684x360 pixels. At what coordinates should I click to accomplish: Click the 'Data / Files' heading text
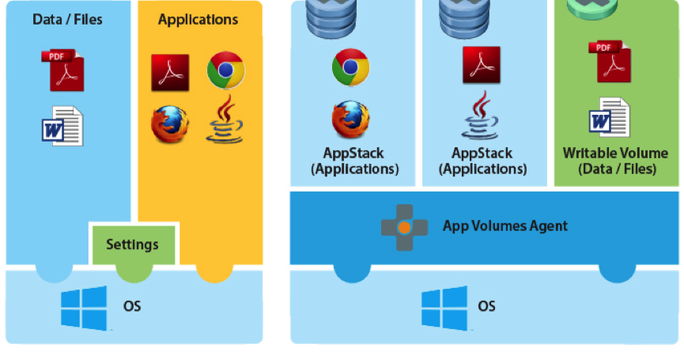pos(67,19)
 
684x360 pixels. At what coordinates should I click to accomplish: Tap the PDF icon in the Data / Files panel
pos(66,70)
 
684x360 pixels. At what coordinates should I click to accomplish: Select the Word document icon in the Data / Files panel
pos(63,126)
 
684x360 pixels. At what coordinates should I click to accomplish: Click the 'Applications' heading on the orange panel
pos(198,19)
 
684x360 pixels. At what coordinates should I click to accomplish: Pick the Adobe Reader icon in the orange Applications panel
pos(170,73)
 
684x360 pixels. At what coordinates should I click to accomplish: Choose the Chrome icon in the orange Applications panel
pos(225,71)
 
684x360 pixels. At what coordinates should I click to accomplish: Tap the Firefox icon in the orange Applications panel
pos(171,124)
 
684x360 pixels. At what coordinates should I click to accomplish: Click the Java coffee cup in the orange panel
pos(225,121)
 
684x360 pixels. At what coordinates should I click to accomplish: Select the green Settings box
pos(133,244)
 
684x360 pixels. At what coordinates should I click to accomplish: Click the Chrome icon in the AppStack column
pos(350,67)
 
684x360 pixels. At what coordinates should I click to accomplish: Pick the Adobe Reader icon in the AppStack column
pos(482,65)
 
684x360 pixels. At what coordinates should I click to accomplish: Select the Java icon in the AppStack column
pos(482,116)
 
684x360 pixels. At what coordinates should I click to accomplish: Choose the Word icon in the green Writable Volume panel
pos(610,118)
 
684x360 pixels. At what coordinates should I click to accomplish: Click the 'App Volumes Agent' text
pos(504,226)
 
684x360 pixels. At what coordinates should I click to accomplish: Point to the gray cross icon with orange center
pos(403,227)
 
